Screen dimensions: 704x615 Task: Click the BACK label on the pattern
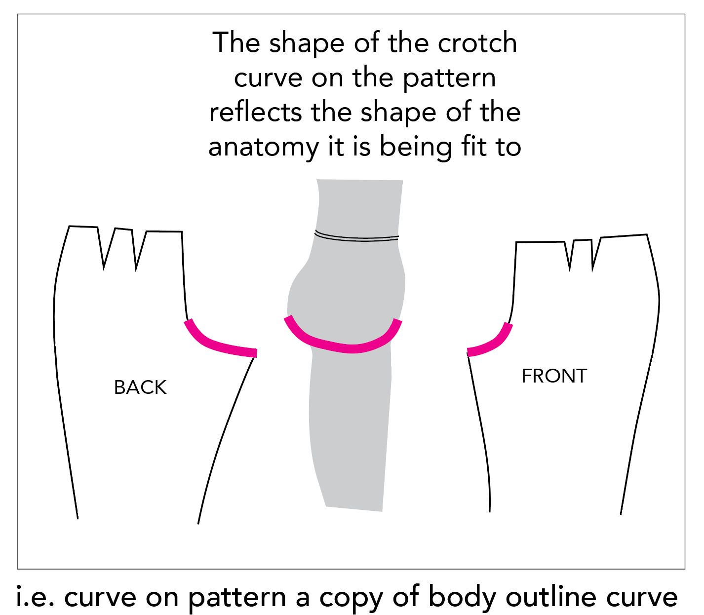pos(140,387)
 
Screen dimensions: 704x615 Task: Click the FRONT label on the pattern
pos(554,376)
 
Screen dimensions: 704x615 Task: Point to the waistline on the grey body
pos(356,237)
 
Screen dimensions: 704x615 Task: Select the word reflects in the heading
pos(255,113)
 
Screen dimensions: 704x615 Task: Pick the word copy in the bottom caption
pos(352,598)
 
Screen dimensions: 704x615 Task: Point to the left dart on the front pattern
pos(571,254)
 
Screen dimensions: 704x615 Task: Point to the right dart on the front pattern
pos(594,254)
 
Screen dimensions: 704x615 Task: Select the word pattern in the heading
pos(449,78)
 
